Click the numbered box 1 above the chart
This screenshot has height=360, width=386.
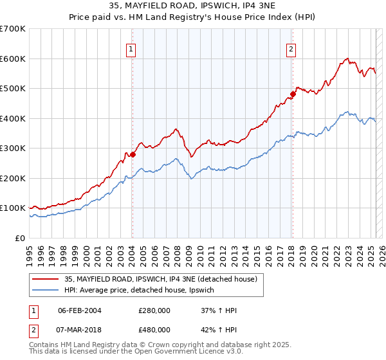131,48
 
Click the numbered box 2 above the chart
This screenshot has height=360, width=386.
291,48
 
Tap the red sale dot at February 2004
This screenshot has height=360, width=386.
133,154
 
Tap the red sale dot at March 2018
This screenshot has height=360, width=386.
293,94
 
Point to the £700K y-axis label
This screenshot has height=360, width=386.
13,29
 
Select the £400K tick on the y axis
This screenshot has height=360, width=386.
13,118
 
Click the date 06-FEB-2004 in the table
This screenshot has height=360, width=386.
79,310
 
